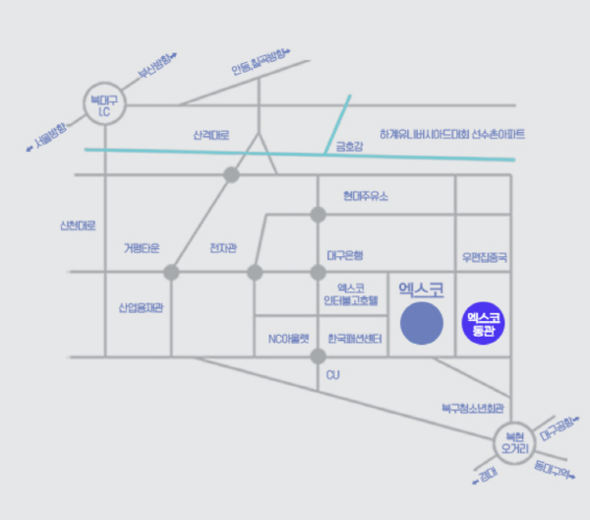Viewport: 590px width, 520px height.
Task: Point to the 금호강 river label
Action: [349, 149]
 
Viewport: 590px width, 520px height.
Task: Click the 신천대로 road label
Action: [78, 226]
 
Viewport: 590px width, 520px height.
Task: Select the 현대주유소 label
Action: [366, 196]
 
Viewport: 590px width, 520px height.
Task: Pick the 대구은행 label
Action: [345, 254]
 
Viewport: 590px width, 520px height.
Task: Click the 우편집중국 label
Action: [484, 257]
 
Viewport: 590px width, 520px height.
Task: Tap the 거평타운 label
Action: [142, 247]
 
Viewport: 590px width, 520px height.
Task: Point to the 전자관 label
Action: [223, 247]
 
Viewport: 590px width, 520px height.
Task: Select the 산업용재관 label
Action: [142, 308]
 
